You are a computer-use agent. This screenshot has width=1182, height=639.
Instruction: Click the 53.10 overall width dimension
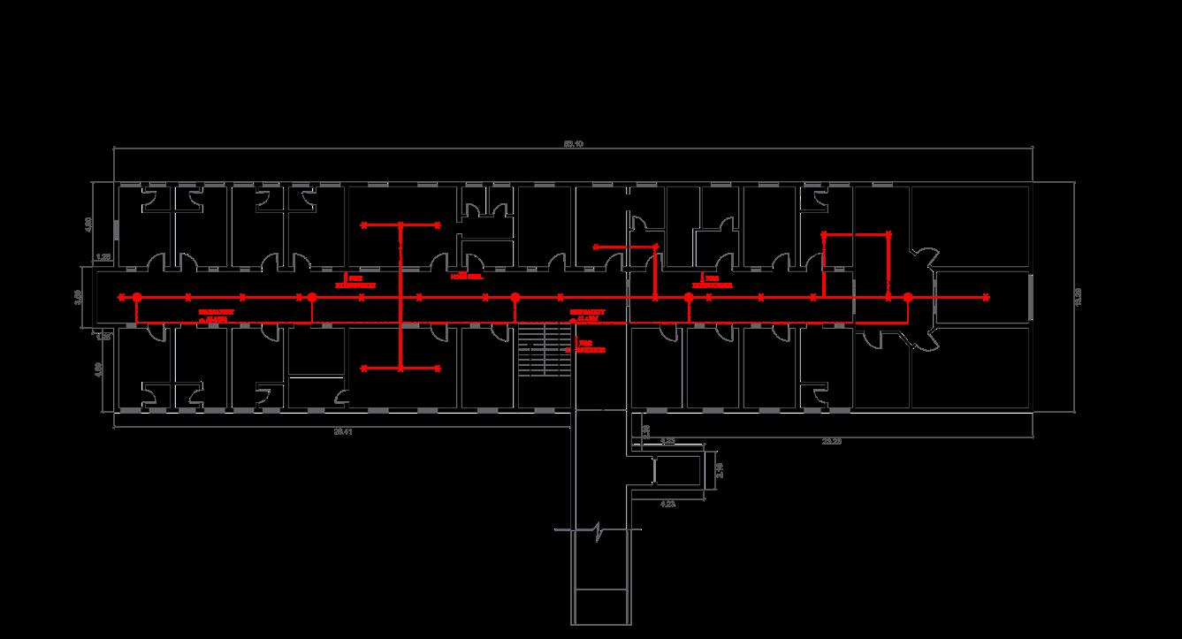573,143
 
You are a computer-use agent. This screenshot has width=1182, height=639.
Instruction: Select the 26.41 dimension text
344,432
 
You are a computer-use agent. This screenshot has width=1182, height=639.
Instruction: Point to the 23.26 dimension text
830,439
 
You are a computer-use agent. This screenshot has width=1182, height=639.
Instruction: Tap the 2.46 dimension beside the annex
719,470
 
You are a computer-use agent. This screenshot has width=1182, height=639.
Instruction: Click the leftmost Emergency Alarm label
212,316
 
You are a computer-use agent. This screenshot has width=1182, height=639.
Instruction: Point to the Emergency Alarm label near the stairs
588,315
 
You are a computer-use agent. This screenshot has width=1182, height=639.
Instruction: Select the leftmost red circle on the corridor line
137,298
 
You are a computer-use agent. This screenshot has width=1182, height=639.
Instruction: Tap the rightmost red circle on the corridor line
907,298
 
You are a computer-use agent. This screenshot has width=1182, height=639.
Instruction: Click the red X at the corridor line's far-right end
986,298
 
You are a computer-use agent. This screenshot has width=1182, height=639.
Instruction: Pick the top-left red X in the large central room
363,225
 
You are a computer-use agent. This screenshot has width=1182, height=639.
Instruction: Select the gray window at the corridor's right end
1032,298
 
